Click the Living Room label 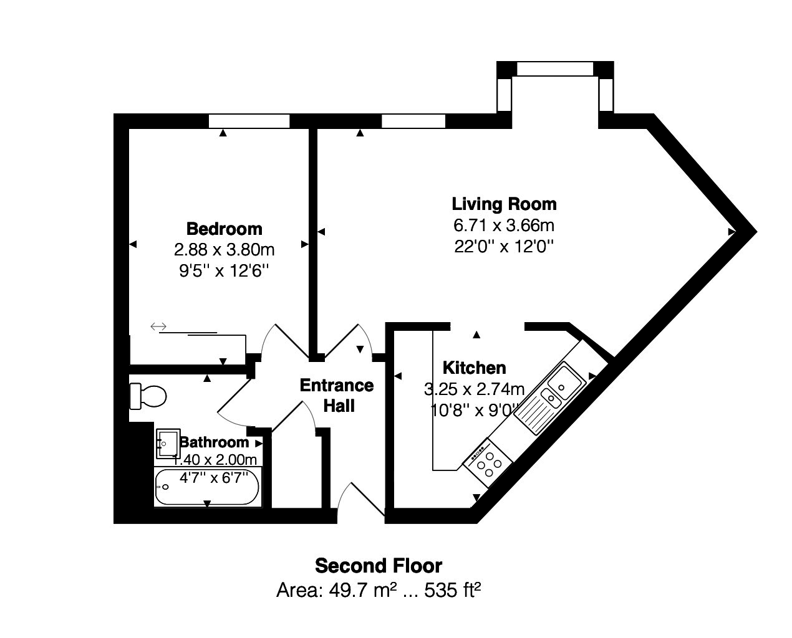pyautogui.click(x=504, y=204)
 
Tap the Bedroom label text pyautogui.click(x=225, y=229)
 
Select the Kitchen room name pyautogui.click(x=474, y=368)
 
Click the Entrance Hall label pyautogui.click(x=337, y=396)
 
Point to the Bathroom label pyautogui.click(x=214, y=442)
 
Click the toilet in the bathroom pyautogui.click(x=148, y=396)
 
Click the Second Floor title pyautogui.click(x=379, y=566)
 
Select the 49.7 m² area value pyautogui.click(x=337, y=589)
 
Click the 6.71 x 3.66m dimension pyautogui.click(x=504, y=225)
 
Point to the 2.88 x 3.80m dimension pyautogui.click(x=225, y=250)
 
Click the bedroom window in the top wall pyautogui.click(x=249, y=121)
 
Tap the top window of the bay pyautogui.click(x=554, y=69)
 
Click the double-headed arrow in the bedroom pyautogui.click(x=158, y=326)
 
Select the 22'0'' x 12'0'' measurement pyautogui.click(x=504, y=246)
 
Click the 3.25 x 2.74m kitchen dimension pyautogui.click(x=474, y=390)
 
